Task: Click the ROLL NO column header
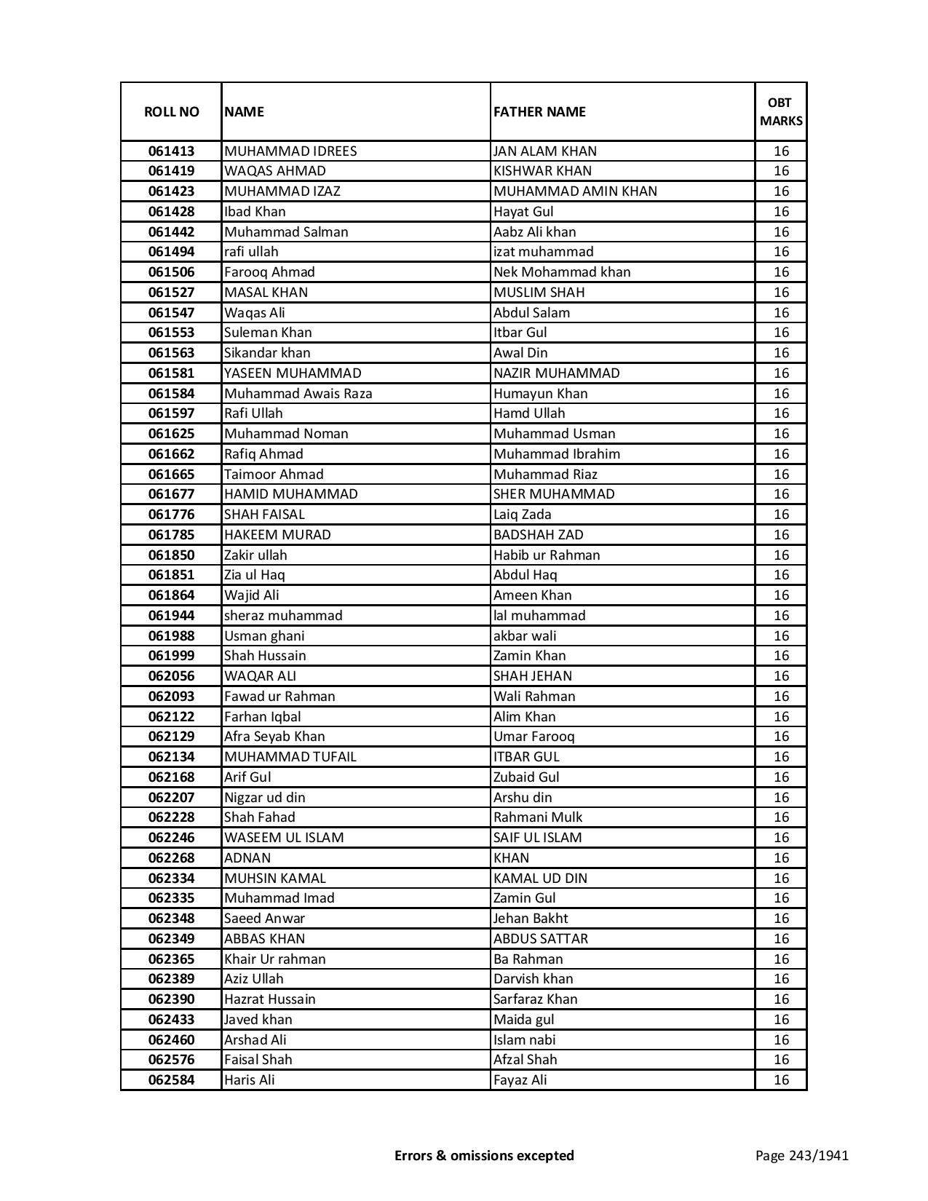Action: click(x=171, y=111)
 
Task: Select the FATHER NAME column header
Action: click(x=539, y=111)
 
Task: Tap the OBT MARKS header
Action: click(x=781, y=111)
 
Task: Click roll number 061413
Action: click(x=171, y=151)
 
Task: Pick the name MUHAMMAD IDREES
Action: click(x=290, y=151)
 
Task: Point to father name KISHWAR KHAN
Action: click(x=542, y=171)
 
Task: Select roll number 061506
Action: click(x=171, y=272)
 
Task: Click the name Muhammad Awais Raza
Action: click(x=298, y=394)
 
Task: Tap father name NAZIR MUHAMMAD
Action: click(x=556, y=373)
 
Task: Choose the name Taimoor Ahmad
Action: click(x=274, y=475)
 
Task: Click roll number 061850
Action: click(x=171, y=555)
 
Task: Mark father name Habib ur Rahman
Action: click(x=547, y=555)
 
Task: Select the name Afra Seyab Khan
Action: click(x=274, y=737)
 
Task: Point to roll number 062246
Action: click(x=171, y=838)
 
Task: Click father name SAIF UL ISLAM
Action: click(x=537, y=838)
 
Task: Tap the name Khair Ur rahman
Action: click(x=274, y=959)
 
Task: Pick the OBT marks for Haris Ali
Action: click(x=781, y=1080)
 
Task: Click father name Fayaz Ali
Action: click(x=520, y=1080)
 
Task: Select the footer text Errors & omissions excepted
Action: click(x=484, y=1155)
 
